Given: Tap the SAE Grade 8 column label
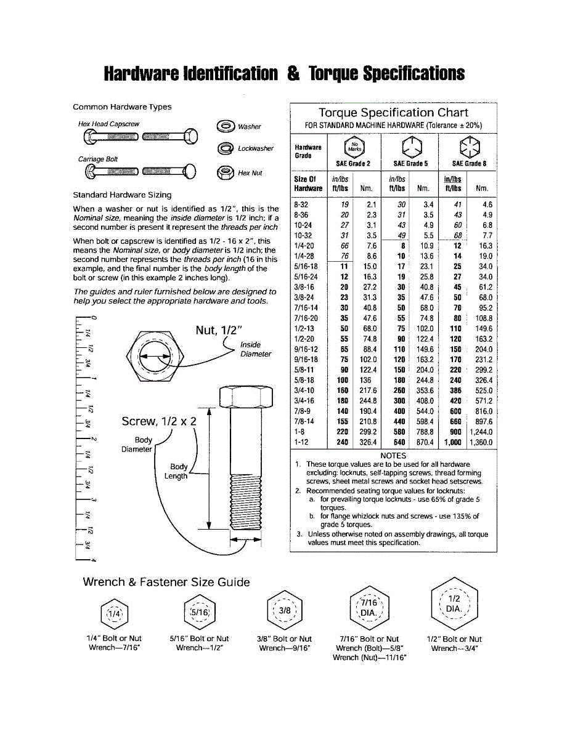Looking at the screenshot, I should pyautogui.click(x=469, y=164).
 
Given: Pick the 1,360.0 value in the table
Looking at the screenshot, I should pyautogui.click(x=481, y=442).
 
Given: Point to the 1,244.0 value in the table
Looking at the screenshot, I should pyautogui.click(x=481, y=432).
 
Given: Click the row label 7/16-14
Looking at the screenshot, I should pyautogui.click(x=306, y=308).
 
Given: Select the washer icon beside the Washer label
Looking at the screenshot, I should pyautogui.click(x=226, y=126).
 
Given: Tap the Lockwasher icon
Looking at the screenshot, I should pyautogui.click(x=226, y=148).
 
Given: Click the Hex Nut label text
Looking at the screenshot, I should pyautogui.click(x=250, y=173).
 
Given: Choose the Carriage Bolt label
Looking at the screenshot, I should pyautogui.click(x=97, y=159).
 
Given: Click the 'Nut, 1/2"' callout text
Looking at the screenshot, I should pyautogui.click(x=219, y=330).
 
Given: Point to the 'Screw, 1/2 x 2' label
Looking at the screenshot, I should pyautogui.click(x=159, y=421).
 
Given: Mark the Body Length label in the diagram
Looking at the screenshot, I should pyautogui.click(x=177, y=472).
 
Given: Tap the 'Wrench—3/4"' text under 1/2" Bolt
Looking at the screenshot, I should pyautogui.click(x=454, y=648).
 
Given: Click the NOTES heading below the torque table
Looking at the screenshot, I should pyautogui.click(x=393, y=456).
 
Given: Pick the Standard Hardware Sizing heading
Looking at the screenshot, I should pyautogui.click(x=122, y=195).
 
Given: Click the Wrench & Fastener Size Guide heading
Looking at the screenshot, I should pyautogui.click(x=166, y=582).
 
